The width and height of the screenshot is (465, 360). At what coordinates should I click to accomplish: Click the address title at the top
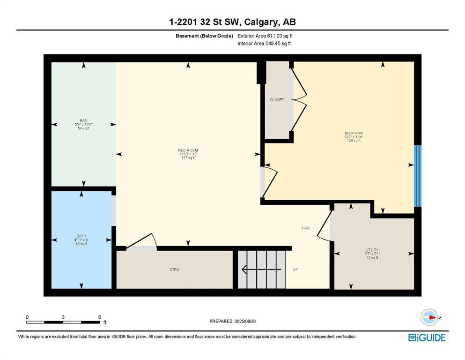click(x=232, y=22)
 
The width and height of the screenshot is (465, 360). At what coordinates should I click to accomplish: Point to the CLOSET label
click(x=276, y=100)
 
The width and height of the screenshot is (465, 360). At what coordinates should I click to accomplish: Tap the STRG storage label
click(x=174, y=270)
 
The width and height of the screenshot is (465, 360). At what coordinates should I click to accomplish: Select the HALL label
click(x=306, y=228)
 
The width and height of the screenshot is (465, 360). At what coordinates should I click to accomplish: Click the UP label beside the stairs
click(x=295, y=270)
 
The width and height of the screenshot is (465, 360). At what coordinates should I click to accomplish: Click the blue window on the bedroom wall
click(x=418, y=176)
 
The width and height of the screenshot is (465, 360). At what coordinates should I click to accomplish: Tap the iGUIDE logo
click(x=427, y=337)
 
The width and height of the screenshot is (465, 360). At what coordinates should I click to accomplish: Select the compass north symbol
click(x=428, y=317)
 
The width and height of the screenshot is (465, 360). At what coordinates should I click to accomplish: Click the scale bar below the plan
click(x=63, y=322)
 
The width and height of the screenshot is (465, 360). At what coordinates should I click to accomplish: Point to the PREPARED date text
click(x=233, y=321)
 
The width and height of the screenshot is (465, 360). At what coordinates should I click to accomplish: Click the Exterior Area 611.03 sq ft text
click(x=265, y=36)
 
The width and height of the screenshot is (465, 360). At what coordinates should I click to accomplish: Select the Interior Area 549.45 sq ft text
click(x=264, y=44)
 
